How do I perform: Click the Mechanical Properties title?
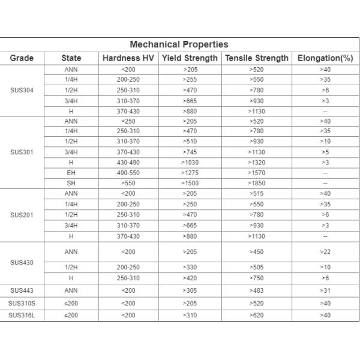click(179, 44)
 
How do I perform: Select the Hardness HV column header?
click(128, 58)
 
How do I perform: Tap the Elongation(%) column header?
click(325, 58)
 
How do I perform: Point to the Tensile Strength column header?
click(256, 58)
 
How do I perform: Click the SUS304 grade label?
click(22, 91)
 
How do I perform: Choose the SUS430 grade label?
click(22, 262)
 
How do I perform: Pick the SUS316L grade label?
click(22, 315)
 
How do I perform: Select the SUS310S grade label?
click(22, 303)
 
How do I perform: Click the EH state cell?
click(71, 173)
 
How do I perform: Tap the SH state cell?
click(71, 183)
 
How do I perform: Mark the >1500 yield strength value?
click(189, 183)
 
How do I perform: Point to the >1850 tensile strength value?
click(256, 183)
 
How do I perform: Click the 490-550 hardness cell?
click(128, 173)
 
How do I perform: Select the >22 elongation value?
click(325, 252)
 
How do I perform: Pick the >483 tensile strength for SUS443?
click(256, 290)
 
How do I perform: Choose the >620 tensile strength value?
click(256, 315)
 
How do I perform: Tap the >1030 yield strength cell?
click(189, 163)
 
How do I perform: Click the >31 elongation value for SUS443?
click(325, 290)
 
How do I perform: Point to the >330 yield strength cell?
click(189, 267)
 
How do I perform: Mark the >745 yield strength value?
click(189, 152)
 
